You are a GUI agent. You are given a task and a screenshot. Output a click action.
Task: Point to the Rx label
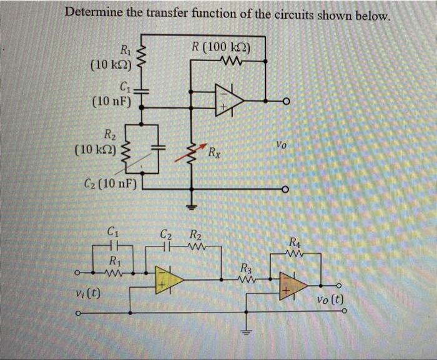coord(214,152)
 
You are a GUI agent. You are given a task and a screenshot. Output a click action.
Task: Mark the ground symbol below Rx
coord(192,205)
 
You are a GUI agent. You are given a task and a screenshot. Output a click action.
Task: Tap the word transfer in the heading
coord(173,12)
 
